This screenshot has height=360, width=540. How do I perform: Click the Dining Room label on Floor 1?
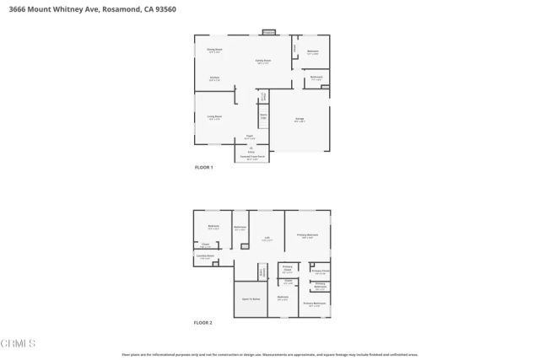[x=214, y=50]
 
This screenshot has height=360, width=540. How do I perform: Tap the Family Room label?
[x=263, y=61]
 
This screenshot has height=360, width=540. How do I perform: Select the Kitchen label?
[x=214, y=78]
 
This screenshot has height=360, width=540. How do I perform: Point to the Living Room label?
[x=214, y=116]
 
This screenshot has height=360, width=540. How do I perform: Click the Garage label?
[x=300, y=120]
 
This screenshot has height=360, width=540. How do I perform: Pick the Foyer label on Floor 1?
[x=250, y=136]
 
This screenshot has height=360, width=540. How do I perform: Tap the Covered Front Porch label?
[x=251, y=157]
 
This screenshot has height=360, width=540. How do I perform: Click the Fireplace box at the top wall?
[x=268, y=33]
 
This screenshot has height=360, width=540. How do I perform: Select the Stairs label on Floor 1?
[x=263, y=116]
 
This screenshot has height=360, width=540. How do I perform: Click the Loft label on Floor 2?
[x=266, y=239]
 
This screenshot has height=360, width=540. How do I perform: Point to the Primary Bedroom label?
[x=307, y=235]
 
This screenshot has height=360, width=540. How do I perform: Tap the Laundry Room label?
[x=205, y=256]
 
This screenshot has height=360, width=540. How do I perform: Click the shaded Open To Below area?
[x=249, y=299]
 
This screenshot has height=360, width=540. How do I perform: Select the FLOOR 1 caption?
[x=204, y=169]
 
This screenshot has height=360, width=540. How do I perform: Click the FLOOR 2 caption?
[x=204, y=323]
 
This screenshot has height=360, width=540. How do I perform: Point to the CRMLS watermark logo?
[x=19, y=343]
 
